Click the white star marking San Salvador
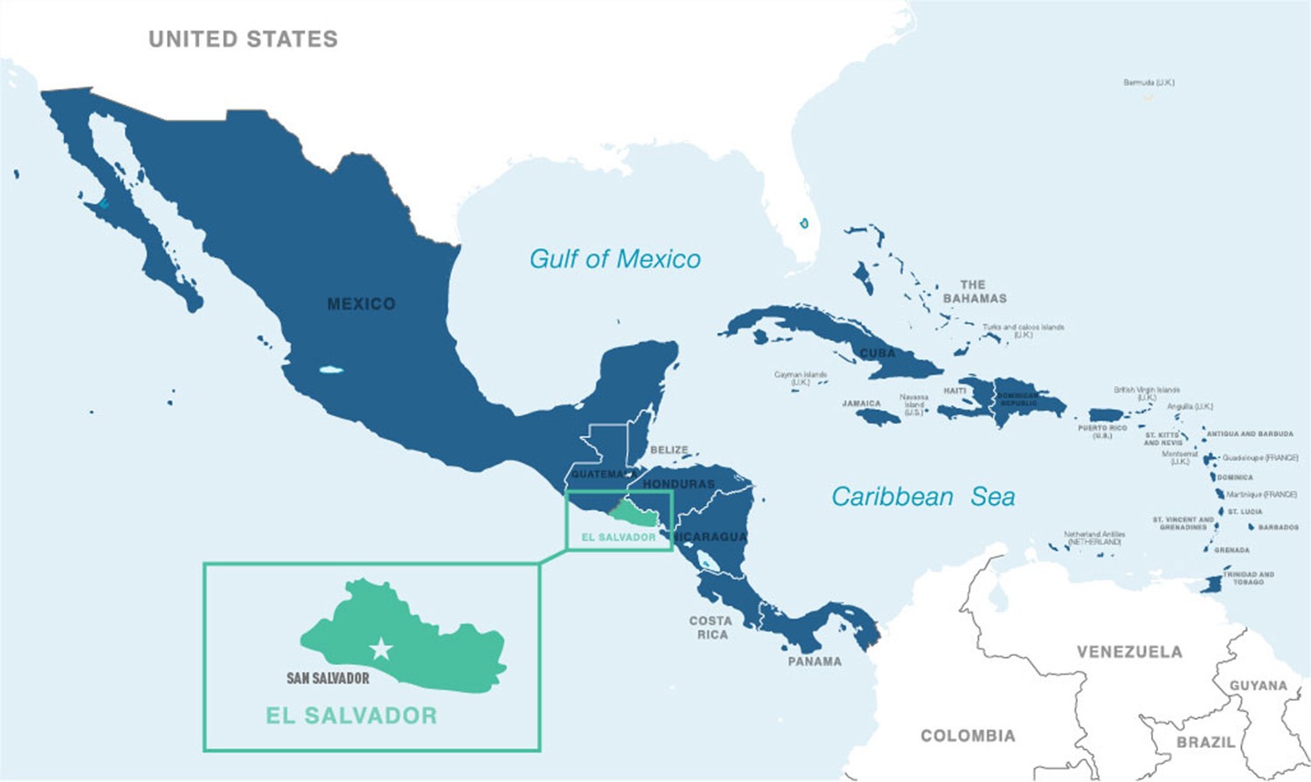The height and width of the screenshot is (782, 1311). (x=381, y=649)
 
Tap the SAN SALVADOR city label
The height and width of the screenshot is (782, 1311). (x=328, y=678)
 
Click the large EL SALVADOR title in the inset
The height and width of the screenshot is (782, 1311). (x=351, y=716)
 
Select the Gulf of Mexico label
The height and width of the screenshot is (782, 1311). (x=614, y=259)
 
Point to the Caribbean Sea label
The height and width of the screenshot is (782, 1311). (x=923, y=496)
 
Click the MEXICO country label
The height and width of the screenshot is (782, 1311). (x=361, y=304)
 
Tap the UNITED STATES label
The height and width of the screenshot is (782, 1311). (x=243, y=39)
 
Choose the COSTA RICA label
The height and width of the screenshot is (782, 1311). (x=711, y=627)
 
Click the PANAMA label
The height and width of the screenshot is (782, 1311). (x=815, y=661)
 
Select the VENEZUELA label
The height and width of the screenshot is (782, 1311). (x=1129, y=652)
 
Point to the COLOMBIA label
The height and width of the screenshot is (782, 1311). (x=968, y=736)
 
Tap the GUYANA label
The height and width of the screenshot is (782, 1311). (x=1258, y=686)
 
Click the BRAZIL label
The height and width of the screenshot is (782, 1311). (x=1205, y=742)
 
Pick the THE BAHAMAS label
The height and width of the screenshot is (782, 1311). (x=974, y=291)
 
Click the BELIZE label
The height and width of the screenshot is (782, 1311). (x=669, y=450)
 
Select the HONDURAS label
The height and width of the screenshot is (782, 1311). (x=678, y=484)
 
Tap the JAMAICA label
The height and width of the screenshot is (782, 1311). (x=861, y=404)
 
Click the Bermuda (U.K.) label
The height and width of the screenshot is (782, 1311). (x=1148, y=83)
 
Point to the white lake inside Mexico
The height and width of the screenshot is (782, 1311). (x=330, y=370)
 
